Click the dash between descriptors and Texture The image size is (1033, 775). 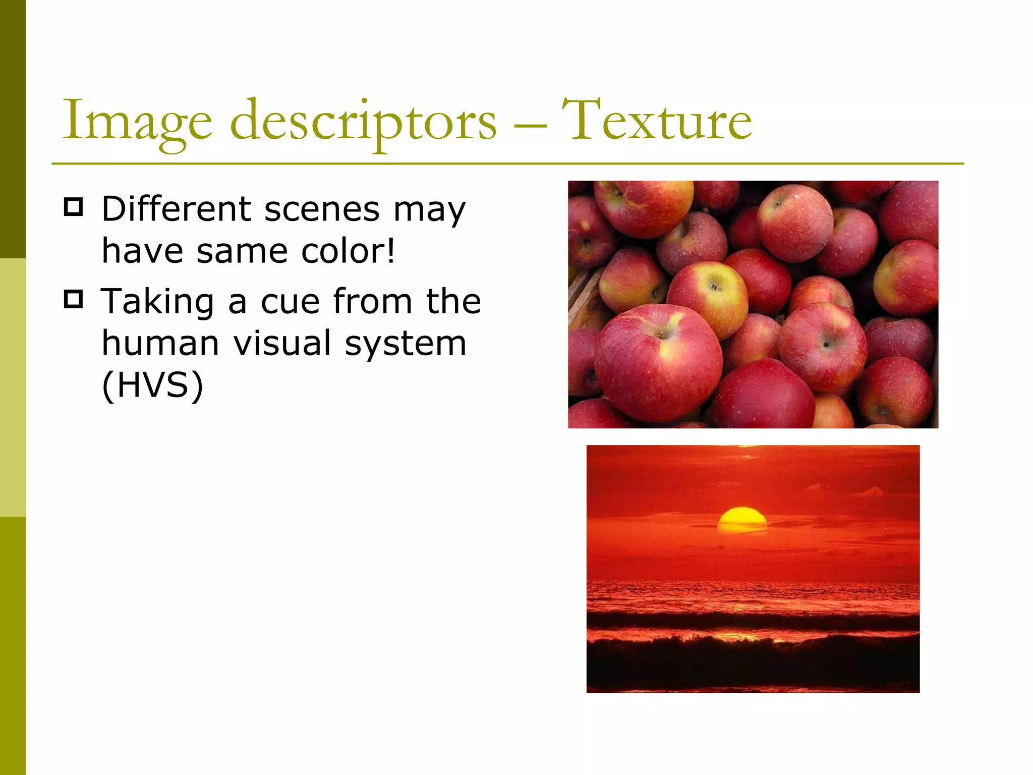click(x=530, y=124)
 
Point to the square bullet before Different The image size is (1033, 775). click(x=74, y=207)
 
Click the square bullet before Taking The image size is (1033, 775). click(x=74, y=299)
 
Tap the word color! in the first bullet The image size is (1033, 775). click(x=348, y=251)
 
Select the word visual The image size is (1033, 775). click(x=282, y=343)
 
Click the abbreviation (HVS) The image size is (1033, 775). click(x=152, y=385)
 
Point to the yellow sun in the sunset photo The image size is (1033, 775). click(x=742, y=520)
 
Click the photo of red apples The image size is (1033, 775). click(x=753, y=304)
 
